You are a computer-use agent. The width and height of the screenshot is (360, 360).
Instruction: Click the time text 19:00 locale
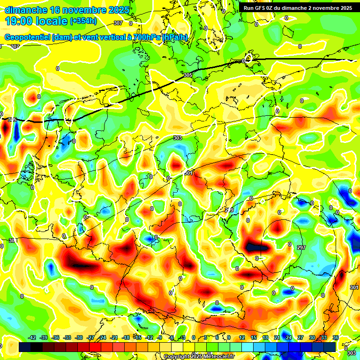tap(36, 21)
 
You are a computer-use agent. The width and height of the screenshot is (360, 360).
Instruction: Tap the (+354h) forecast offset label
tap(83, 21)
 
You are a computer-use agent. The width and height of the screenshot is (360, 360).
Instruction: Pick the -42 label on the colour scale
tap(32, 337)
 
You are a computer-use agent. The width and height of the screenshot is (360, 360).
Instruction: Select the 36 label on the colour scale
tap(336, 337)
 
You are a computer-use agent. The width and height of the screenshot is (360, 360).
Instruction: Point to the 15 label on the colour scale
tap(254, 337)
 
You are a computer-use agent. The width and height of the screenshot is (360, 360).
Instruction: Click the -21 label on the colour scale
tap(114, 337)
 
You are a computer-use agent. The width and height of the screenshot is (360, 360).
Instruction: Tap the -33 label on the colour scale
tap(67, 337)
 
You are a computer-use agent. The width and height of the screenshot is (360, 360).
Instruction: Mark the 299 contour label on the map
tap(229, 210)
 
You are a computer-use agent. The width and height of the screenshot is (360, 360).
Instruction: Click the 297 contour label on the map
tap(301, 247)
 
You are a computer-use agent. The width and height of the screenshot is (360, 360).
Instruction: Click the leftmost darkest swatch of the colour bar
tap(25, 347)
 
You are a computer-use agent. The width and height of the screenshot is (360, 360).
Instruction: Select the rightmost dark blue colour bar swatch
tap(330, 347)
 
